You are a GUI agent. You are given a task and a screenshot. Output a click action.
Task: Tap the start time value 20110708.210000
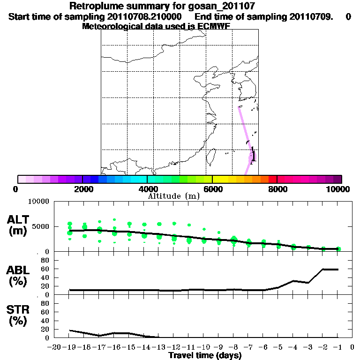click(145, 16)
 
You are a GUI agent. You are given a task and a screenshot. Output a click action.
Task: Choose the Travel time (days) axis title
click(205, 356)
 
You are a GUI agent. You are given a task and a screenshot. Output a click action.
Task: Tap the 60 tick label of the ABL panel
click(45, 269)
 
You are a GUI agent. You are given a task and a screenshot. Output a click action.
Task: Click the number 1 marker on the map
click(254, 156)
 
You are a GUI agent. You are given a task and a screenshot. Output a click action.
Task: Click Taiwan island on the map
click(210, 157)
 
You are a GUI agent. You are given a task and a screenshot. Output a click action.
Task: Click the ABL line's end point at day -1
click(338, 269)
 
